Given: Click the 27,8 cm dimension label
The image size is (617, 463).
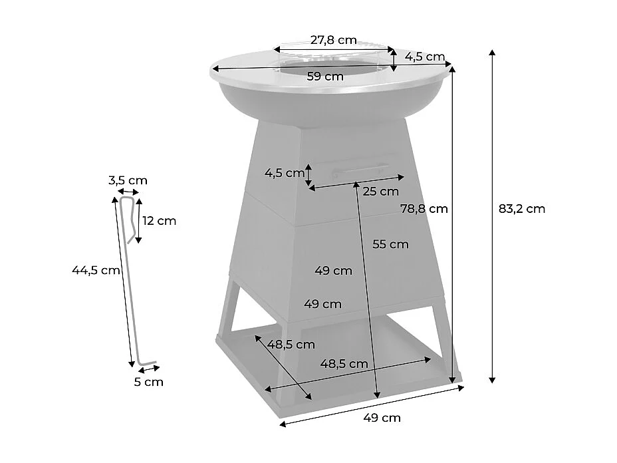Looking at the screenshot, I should (332, 39).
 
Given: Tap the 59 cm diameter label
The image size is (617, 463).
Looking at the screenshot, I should (325, 77).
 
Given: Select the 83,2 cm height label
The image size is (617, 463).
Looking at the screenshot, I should (521, 208).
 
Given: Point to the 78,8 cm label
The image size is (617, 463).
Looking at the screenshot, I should (424, 208).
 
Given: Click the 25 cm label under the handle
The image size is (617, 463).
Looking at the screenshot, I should (381, 192).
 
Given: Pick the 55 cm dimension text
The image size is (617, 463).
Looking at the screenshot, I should (390, 244).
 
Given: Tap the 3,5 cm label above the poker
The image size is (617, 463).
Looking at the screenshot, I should (128, 180).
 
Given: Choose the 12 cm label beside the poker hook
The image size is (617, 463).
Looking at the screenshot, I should (160, 221).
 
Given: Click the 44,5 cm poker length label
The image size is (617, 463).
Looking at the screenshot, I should (96, 269).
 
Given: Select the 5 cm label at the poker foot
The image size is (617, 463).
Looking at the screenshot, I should (148, 382).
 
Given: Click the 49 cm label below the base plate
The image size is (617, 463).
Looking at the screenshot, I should (382, 418).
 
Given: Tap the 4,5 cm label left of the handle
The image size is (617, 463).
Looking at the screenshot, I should (284, 174).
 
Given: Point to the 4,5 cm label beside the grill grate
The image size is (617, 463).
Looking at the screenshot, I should (426, 57).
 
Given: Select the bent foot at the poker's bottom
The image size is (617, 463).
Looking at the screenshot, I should (146, 364).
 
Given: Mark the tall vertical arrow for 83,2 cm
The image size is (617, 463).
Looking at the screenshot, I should (492, 216).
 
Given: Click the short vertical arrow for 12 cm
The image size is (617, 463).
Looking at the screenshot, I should (138, 221).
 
